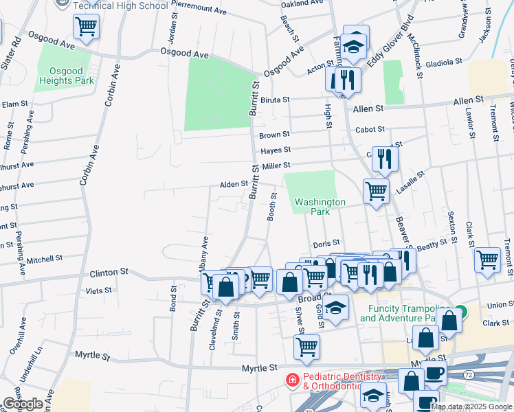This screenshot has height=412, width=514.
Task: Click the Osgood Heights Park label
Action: (x=71, y=76)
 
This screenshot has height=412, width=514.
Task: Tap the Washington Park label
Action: (x=320, y=207)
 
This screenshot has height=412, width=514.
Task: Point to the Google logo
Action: (x=23, y=404)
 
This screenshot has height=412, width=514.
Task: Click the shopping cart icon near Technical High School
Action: (x=87, y=27)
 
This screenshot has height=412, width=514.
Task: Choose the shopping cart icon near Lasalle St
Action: (x=376, y=190)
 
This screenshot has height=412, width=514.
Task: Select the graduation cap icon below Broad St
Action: (x=335, y=308)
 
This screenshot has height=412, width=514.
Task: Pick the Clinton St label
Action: (x=109, y=273)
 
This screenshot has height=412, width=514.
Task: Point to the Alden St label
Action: (x=233, y=184)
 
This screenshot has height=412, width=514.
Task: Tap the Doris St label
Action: (x=326, y=243)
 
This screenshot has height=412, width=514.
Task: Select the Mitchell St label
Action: (x=45, y=260)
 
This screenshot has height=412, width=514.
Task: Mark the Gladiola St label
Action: (x=444, y=62)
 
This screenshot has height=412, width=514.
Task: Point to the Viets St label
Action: (x=99, y=291)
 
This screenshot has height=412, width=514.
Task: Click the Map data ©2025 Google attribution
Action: (x=471, y=407)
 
